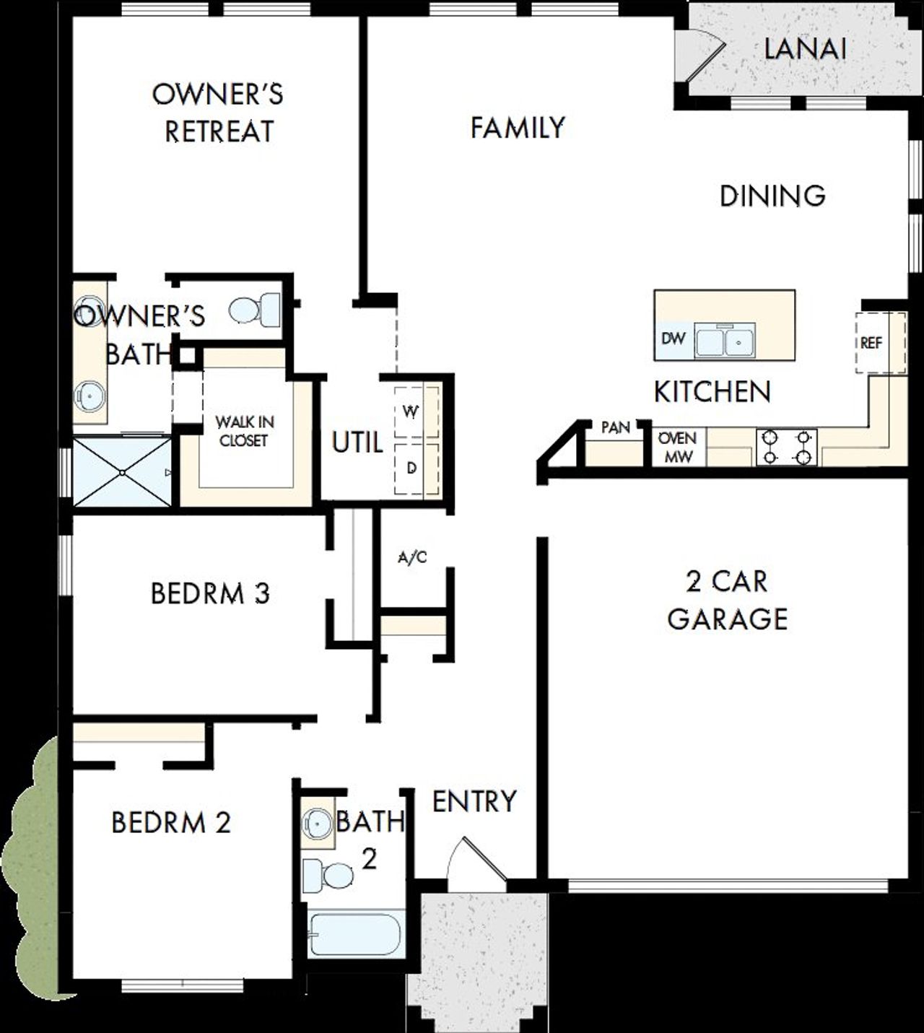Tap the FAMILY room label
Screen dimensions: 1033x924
pos(517,128)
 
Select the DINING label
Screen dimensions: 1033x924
pos(772,196)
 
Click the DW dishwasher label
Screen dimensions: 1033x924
pos(673,339)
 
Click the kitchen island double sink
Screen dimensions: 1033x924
pos(725,340)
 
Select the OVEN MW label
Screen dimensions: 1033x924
pos(677,448)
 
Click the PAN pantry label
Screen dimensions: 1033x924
pos(615,427)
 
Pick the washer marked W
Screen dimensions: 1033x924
pos(411,412)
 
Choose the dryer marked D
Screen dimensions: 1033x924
pos(411,468)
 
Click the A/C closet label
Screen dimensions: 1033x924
pos(412,557)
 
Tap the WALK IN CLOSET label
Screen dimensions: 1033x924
pos(245,431)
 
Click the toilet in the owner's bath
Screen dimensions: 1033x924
pos(256,310)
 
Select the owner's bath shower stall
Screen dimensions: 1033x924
pos(123,473)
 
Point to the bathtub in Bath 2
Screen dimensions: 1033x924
pos(354,935)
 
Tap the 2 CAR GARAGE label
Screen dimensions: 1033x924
pos(727,600)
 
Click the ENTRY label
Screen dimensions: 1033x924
pos(474,801)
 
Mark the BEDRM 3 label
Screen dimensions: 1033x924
pos(210,593)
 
